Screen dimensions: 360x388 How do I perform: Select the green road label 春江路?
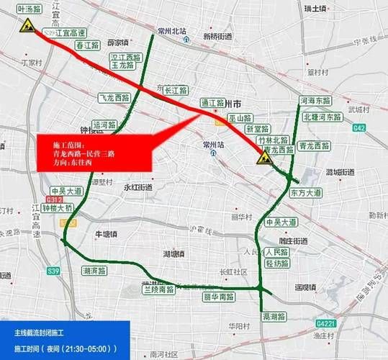tap(87, 45)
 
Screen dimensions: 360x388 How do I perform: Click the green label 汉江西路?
tap(124, 56)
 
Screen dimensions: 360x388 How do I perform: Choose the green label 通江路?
tap(214, 103)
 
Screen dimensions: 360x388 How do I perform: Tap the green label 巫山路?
tap(240, 117)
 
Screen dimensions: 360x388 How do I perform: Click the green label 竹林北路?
tap(273, 140)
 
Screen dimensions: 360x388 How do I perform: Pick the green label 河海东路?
tap(315, 102)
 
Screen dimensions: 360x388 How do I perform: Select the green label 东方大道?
tap(306, 193)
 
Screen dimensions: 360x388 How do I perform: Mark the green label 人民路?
tap(276, 253)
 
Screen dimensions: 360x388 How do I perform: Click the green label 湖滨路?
tap(94, 271)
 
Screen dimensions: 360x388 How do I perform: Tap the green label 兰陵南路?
tap(158, 289)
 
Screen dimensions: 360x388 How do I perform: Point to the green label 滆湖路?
tap(274, 315)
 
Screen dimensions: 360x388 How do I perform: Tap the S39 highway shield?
tap(32, 271)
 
